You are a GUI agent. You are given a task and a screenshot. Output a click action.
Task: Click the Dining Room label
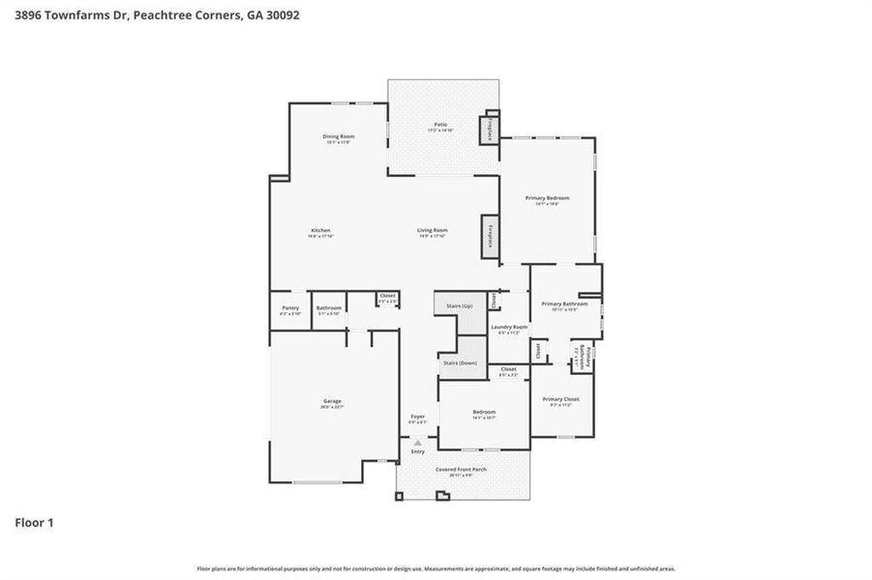coord(338,136)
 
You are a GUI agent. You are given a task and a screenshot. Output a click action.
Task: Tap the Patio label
coord(440,125)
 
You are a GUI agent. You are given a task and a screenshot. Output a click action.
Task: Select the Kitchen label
coord(320,230)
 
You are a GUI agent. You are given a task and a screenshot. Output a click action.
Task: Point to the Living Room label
coord(432,230)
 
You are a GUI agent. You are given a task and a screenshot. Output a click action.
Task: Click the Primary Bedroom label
coord(547,198)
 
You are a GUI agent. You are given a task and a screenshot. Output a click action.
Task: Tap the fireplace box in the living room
coord(490,237)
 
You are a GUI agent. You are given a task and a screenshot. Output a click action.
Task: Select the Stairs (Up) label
coord(459,305)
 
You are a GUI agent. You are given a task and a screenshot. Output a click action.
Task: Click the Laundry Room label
coord(508,327)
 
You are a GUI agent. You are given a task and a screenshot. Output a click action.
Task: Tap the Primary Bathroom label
coord(564,304)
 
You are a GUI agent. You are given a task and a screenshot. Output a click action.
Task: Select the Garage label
coord(332,401)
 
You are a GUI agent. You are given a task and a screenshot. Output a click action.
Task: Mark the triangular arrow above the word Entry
coord(418,443)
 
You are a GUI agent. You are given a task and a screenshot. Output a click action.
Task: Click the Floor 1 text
coord(34,523)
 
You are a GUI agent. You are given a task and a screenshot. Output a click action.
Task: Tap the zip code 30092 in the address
coord(265,14)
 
